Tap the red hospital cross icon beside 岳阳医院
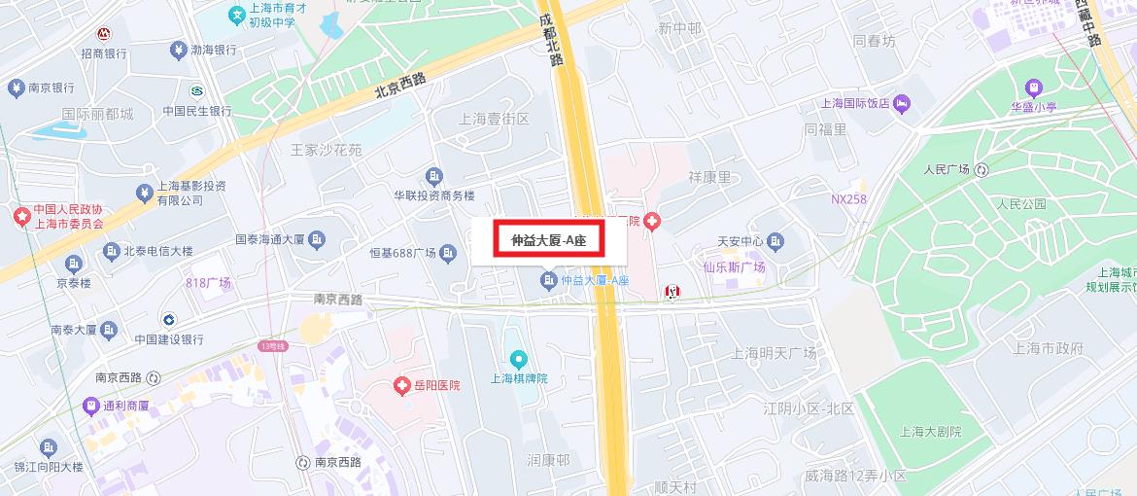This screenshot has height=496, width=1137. tap(401, 386)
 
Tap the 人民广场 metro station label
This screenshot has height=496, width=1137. tap(947, 170)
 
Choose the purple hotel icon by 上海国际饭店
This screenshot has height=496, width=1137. tap(903, 102)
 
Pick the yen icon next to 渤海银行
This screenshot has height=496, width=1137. tap(178, 50)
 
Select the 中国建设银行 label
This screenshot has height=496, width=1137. tap(169, 339)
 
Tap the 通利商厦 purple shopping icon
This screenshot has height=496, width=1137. tap(90, 406)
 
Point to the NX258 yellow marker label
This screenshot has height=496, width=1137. tap(848, 199)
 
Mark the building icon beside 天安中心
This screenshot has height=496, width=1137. tap(775, 241)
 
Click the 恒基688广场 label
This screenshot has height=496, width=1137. tap(402, 254)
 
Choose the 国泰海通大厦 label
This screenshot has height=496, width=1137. tap(271, 238)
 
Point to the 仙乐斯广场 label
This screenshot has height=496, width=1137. tap(735, 267)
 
